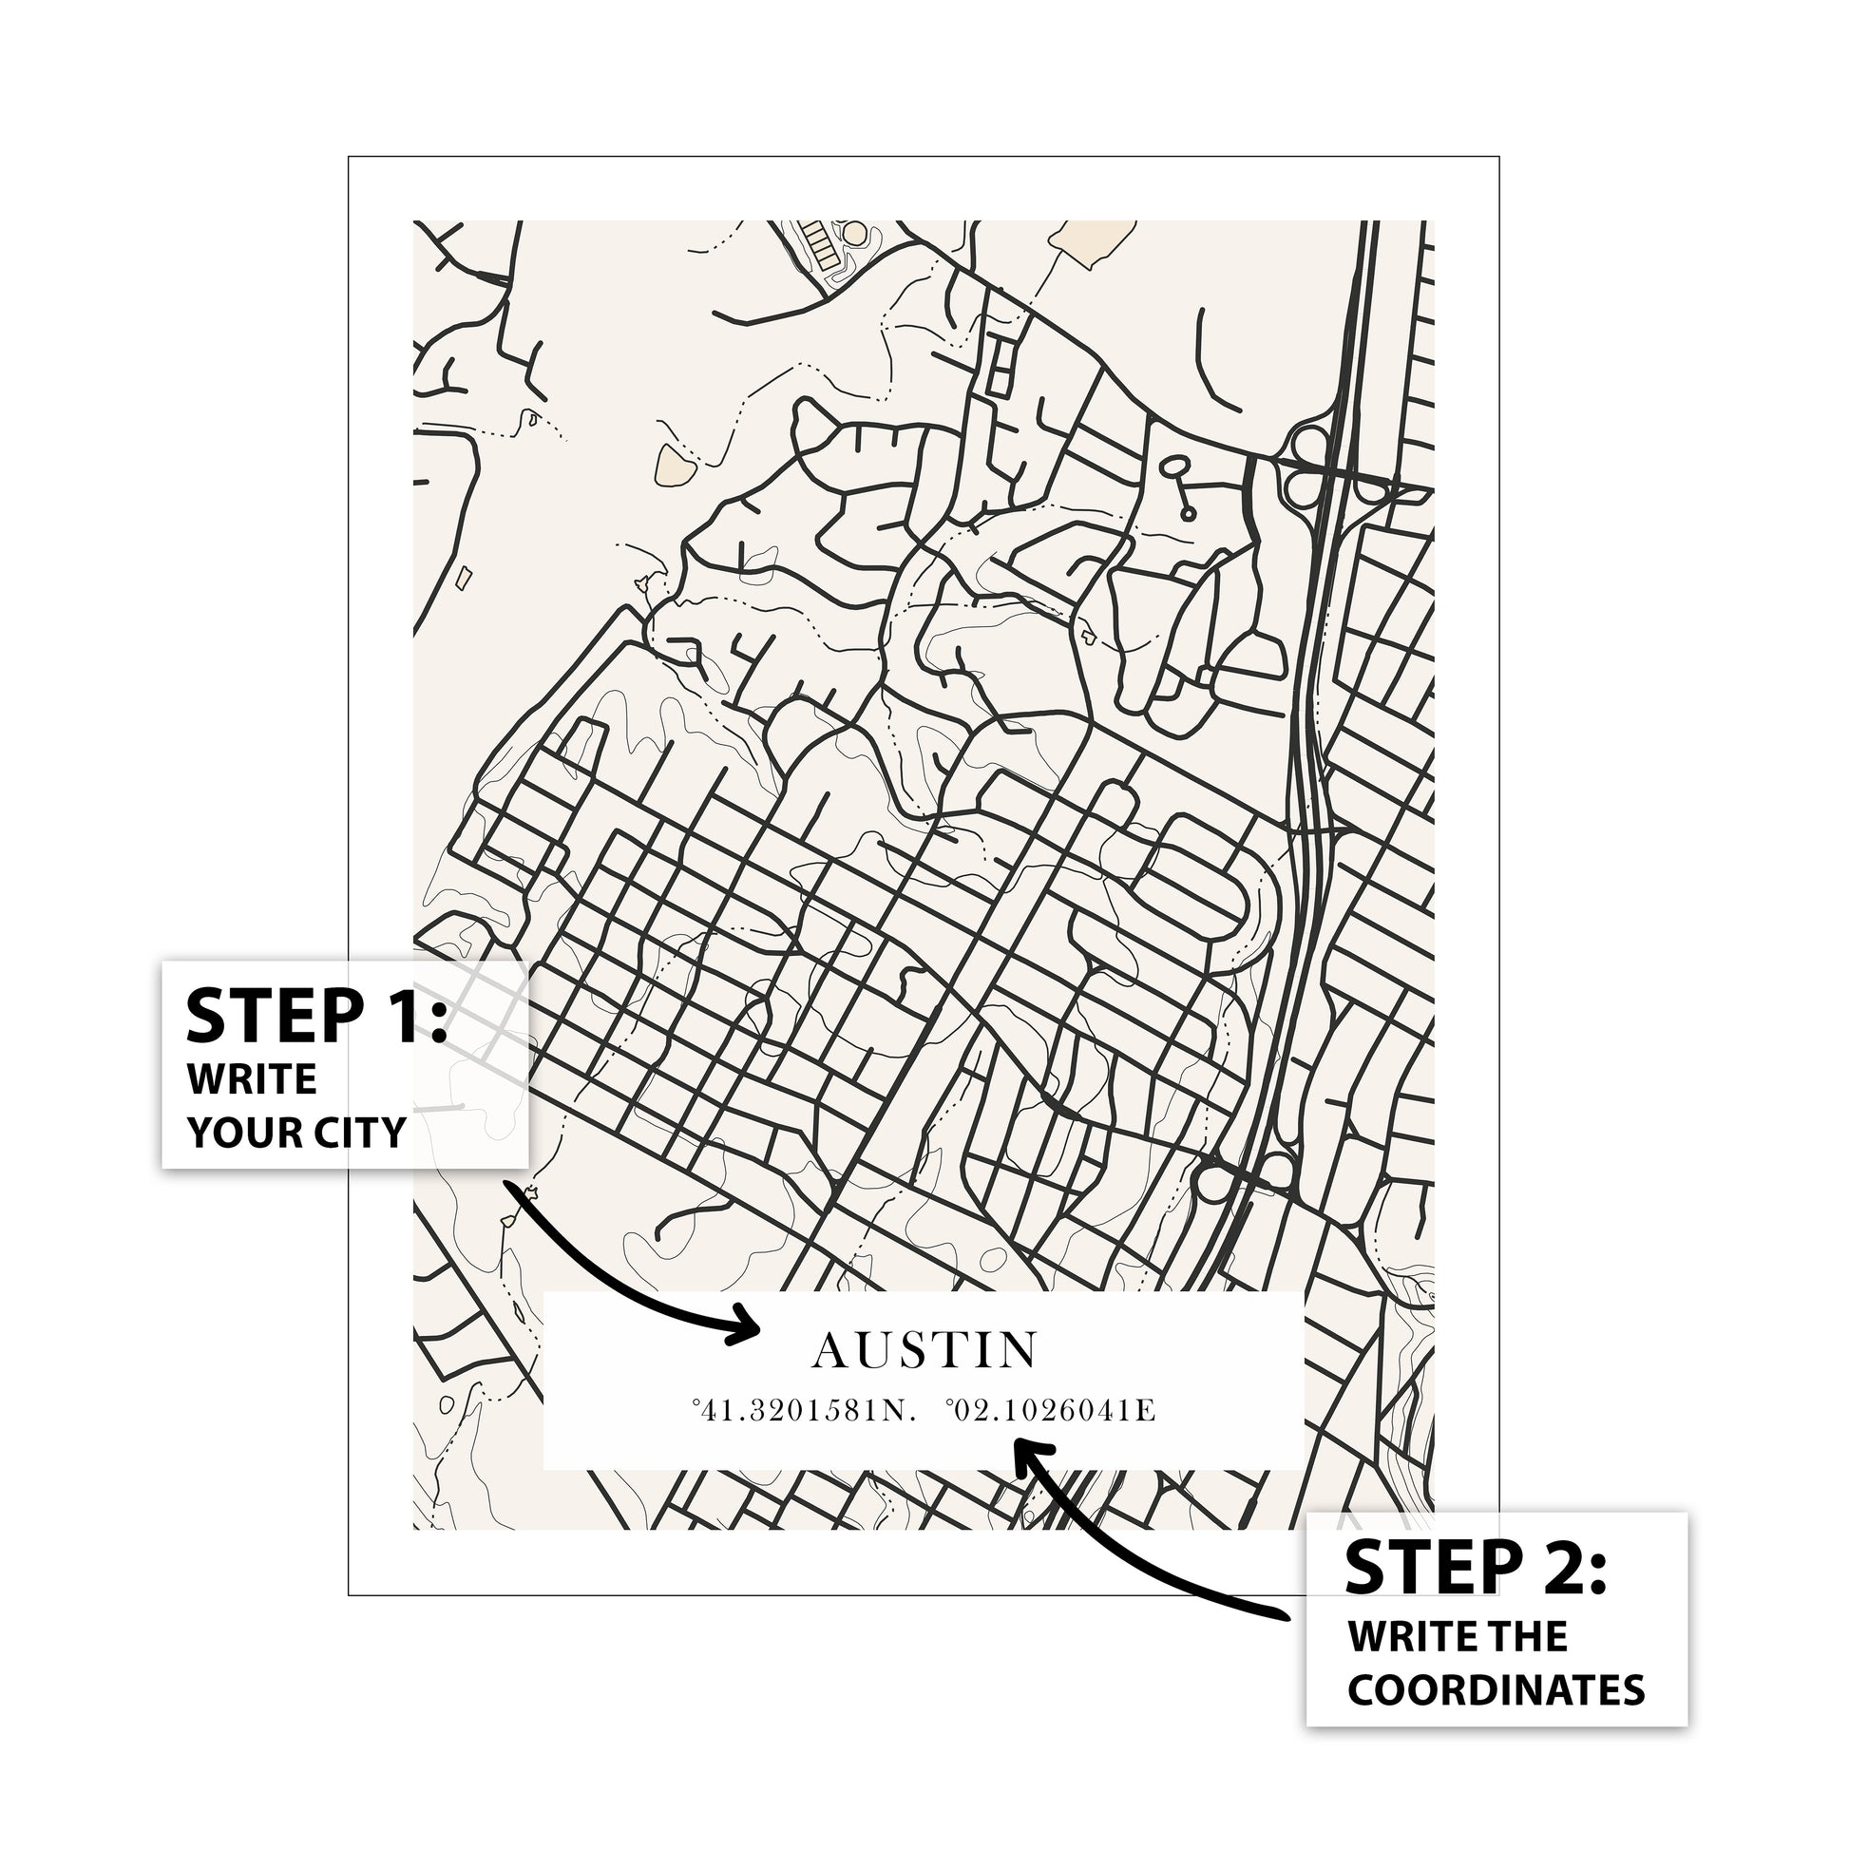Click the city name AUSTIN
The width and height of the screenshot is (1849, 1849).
924,1350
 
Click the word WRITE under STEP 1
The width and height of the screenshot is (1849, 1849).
252,1079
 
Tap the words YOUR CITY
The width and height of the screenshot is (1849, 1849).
296,1133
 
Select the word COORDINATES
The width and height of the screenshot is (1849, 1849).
1496,1690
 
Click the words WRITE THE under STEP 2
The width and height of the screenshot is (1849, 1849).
1458,1637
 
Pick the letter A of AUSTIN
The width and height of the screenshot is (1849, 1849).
829,1350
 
